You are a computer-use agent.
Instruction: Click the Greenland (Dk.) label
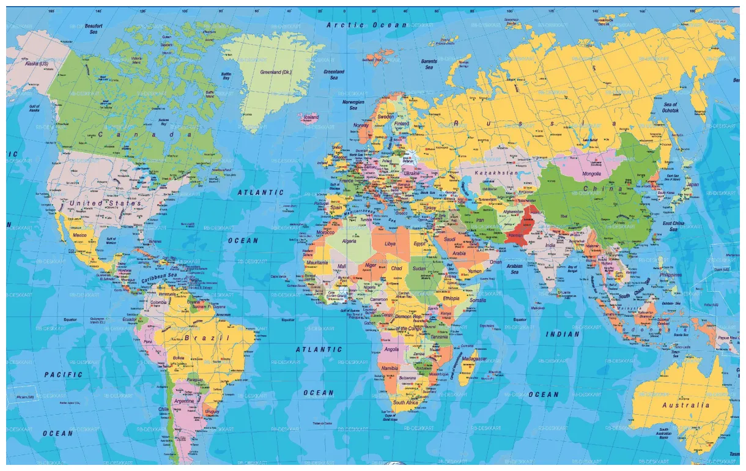coord(276,72)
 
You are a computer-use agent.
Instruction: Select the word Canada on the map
coord(146,134)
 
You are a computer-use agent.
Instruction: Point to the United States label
coord(105,202)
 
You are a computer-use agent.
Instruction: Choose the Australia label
coord(686,405)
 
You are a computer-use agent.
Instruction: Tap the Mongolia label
coord(592,174)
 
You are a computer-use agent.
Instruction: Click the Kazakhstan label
coord(496,173)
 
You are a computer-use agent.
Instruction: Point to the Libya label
coord(390,243)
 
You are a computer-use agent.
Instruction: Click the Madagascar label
coord(474,358)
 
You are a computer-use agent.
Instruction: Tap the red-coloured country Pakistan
coord(517,229)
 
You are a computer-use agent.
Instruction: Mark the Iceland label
coord(311,117)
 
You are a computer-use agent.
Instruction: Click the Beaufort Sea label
coord(94,29)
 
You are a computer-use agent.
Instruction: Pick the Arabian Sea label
coord(515,269)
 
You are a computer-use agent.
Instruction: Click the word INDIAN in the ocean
coord(563,334)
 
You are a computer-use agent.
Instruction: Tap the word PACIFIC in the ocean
coord(63,374)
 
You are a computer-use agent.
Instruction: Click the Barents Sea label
coord(429,64)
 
